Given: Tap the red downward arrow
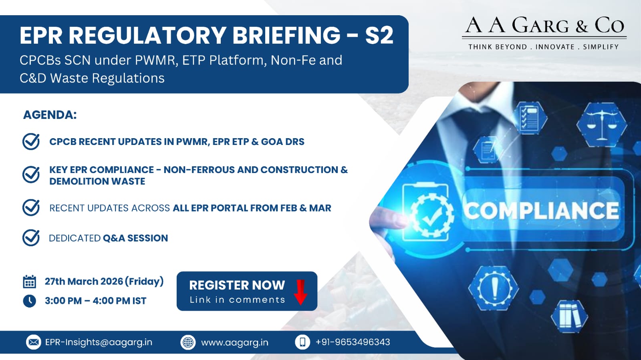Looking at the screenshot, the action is (x=300, y=292).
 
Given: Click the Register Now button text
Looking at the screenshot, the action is (x=237, y=285).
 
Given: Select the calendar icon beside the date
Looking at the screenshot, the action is (x=30, y=282).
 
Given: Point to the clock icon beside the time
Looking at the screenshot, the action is (x=30, y=301).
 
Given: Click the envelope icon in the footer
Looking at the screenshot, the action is (x=34, y=342).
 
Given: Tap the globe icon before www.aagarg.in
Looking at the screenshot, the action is (x=188, y=342).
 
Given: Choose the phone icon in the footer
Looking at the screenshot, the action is (x=302, y=342).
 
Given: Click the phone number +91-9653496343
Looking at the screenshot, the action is (x=353, y=342).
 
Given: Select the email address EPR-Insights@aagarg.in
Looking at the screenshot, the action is (x=99, y=342).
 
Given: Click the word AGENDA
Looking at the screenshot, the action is (x=50, y=115).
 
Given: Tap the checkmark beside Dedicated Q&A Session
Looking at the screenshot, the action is (x=31, y=237).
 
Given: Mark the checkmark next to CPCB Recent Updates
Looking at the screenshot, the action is (x=31, y=141).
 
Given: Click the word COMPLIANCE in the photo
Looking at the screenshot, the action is (x=541, y=211).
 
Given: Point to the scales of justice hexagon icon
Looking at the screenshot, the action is (x=601, y=125).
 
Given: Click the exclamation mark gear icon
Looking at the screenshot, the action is (x=494, y=288).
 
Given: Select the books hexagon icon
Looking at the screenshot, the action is (x=569, y=316).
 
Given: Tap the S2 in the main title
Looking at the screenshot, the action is (x=379, y=36).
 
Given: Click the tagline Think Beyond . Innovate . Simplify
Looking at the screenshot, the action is (x=543, y=47).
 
